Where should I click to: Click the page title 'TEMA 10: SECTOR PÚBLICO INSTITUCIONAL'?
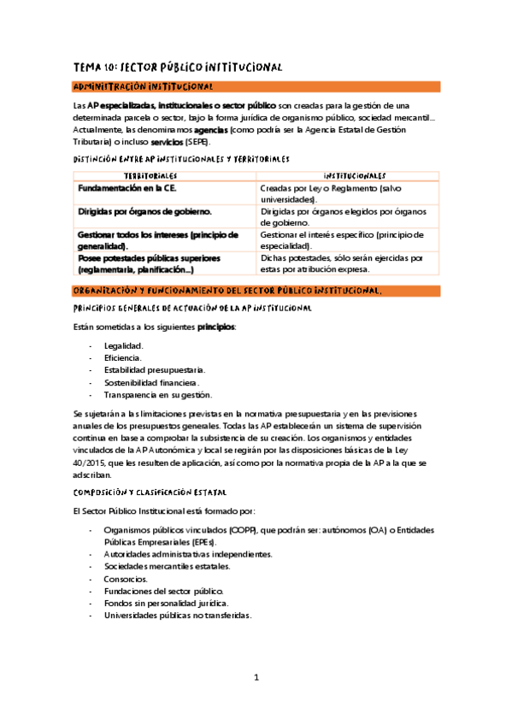177,67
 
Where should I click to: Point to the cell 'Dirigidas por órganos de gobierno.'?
145,210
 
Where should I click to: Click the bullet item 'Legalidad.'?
123,345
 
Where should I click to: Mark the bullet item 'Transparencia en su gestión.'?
157,395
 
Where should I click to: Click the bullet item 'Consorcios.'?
126,579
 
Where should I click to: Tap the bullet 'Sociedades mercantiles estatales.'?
168,566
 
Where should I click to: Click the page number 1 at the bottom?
256,678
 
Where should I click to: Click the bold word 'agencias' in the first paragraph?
210,130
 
